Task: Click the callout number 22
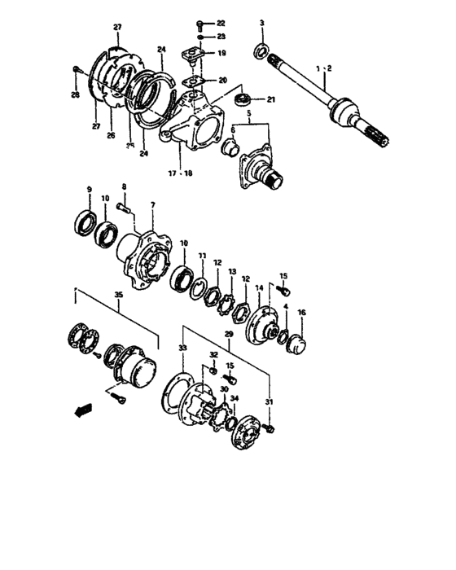[x=221, y=24]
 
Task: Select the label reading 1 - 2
[x=324, y=70]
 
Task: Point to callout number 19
[x=221, y=53]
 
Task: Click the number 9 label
[x=89, y=191]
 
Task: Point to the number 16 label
[x=301, y=313]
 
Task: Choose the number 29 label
[x=230, y=336]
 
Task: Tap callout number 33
[x=182, y=348]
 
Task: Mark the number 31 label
[x=270, y=401]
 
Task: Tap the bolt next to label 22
[x=200, y=24]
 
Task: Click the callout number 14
[x=260, y=288]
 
